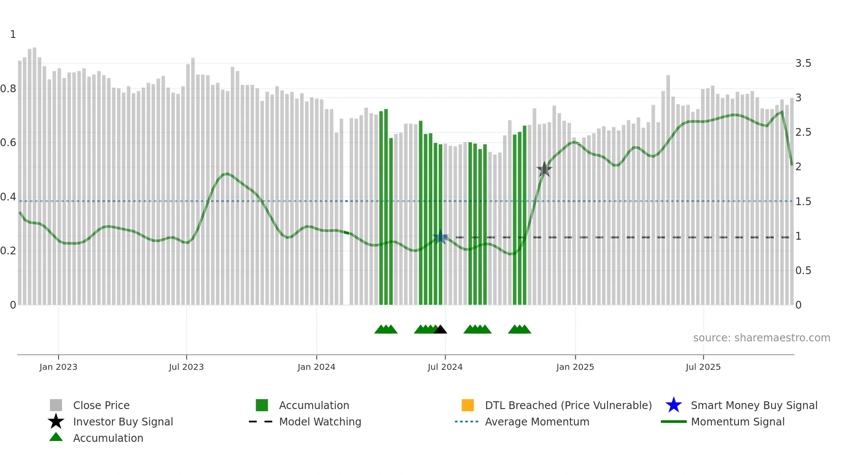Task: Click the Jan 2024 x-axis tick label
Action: point(316,367)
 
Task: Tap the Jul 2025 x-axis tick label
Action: point(703,367)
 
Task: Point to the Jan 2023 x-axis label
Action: point(58,367)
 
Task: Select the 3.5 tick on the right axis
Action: point(803,63)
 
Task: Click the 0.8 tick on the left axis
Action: point(8,89)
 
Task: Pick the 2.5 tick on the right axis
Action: point(803,132)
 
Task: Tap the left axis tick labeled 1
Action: point(13,34)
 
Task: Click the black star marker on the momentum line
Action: point(544,169)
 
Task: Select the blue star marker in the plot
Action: point(440,237)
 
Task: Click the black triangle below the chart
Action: point(440,330)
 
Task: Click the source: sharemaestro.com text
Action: point(761,337)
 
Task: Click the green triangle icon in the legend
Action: point(56,437)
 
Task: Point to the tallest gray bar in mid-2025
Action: point(668,190)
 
